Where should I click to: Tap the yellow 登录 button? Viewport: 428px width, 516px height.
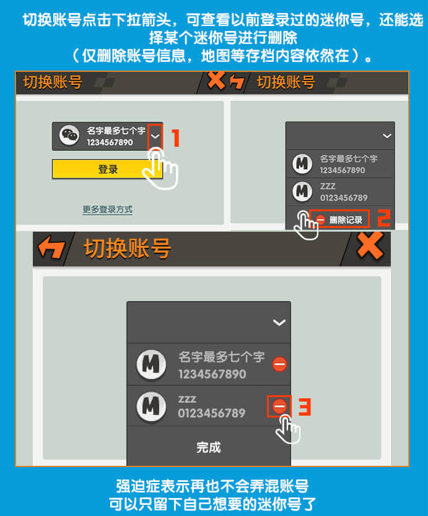tap(107, 169)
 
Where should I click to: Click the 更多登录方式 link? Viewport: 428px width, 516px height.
tap(107, 209)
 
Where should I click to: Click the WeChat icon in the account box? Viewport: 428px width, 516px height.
tap(69, 135)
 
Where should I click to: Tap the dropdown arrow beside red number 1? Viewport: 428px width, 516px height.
tap(155, 136)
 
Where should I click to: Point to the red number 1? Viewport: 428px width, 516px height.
tap(176, 138)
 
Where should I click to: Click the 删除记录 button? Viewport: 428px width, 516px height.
tap(339, 219)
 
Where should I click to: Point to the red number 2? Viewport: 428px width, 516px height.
tap(383, 218)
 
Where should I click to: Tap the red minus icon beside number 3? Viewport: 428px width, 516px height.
tap(279, 406)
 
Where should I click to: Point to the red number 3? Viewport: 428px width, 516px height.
tap(305, 407)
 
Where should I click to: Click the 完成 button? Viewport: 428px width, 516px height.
tap(209, 447)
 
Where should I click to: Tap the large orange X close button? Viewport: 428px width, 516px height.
tap(370, 245)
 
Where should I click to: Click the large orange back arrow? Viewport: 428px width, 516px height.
tap(51, 247)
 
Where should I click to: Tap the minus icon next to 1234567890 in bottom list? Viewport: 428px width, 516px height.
tap(279, 364)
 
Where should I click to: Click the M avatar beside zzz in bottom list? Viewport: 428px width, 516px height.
tap(151, 406)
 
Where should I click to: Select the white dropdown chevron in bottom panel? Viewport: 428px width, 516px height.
tap(279, 323)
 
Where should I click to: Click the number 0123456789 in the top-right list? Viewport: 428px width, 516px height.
tap(344, 198)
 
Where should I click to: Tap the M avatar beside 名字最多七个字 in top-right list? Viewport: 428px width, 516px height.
tap(302, 164)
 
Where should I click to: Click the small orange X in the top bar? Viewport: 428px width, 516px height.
tap(216, 80)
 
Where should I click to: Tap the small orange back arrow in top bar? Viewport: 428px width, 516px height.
tap(237, 82)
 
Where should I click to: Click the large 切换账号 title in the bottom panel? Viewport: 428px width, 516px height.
tap(128, 248)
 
